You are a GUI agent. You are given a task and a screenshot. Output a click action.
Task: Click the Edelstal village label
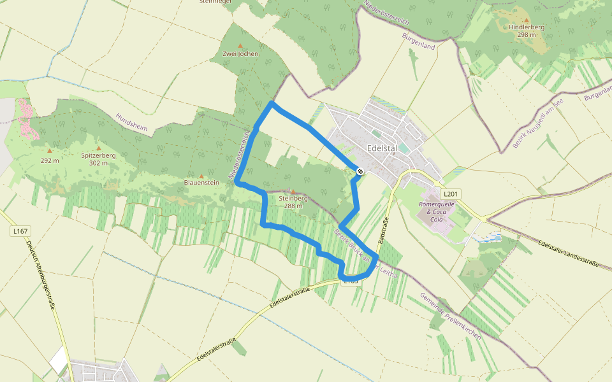coord(382,148)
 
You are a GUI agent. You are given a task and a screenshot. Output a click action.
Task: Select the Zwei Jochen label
coord(240,53)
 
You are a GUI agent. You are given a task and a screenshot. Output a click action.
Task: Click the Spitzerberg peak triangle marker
coord(98,148)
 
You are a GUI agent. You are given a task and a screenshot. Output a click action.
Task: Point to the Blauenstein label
coord(201,182)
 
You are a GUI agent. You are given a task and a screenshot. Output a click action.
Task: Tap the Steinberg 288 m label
coord(293,202)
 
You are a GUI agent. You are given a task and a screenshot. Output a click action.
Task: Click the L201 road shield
coord(451,194)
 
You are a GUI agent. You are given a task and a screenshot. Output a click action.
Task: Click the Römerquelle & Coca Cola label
coord(436,211)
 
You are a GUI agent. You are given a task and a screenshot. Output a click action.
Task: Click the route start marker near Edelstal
coord(360,171)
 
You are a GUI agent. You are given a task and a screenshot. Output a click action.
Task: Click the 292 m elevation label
coord(49,160)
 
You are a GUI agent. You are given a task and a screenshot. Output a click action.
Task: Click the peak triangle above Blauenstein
coord(201,176)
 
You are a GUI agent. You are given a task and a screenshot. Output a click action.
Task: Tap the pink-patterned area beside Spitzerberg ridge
coord(25,118)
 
